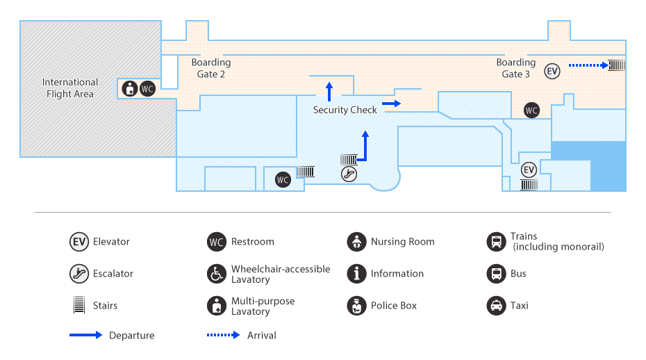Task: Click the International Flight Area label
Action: coord(70,88)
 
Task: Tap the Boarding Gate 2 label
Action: coord(211,68)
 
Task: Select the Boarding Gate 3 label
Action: coord(516,68)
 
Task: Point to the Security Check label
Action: coord(345,110)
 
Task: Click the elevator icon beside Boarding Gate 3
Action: coord(552,72)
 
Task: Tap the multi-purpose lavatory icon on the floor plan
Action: coord(130,89)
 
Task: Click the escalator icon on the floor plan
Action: coord(349,174)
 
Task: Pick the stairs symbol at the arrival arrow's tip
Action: coord(617,65)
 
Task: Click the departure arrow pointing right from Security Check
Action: coord(391,104)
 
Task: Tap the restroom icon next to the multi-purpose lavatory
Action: coord(147,89)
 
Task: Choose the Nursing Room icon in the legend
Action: coord(357,242)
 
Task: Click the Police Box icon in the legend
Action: coord(357,306)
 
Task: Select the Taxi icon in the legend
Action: coord(497,306)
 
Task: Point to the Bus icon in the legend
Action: coord(497,274)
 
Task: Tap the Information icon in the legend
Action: coord(357,274)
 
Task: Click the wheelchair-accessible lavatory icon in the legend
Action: coord(217,274)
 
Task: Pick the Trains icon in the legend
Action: coord(497,242)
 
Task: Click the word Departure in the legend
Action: coord(132,335)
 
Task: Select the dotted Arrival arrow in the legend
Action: coord(223,335)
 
